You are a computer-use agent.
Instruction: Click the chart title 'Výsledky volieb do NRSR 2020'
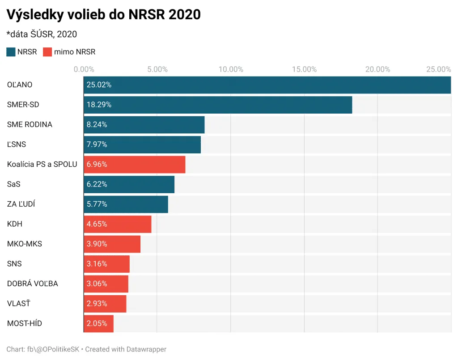(x=103, y=14)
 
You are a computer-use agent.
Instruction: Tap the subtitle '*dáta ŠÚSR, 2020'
(x=42, y=34)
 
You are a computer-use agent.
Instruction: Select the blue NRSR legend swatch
(x=11, y=52)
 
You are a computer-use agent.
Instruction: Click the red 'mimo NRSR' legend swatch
(x=47, y=52)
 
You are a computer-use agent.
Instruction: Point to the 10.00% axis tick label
(x=231, y=69)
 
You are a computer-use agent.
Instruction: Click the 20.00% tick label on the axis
(x=377, y=69)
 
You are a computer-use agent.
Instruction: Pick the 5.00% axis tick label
(x=157, y=69)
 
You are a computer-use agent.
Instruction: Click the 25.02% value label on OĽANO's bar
(x=99, y=85)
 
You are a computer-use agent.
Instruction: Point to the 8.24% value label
(x=97, y=125)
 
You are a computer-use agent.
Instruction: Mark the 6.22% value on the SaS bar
(x=97, y=184)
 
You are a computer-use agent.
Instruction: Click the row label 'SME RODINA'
(x=30, y=125)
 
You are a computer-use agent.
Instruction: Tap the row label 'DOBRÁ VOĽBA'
(x=33, y=284)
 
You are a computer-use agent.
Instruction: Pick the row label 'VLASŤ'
(x=19, y=304)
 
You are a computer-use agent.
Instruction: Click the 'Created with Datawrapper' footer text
(x=126, y=349)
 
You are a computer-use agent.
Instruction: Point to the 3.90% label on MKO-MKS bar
(x=97, y=244)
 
